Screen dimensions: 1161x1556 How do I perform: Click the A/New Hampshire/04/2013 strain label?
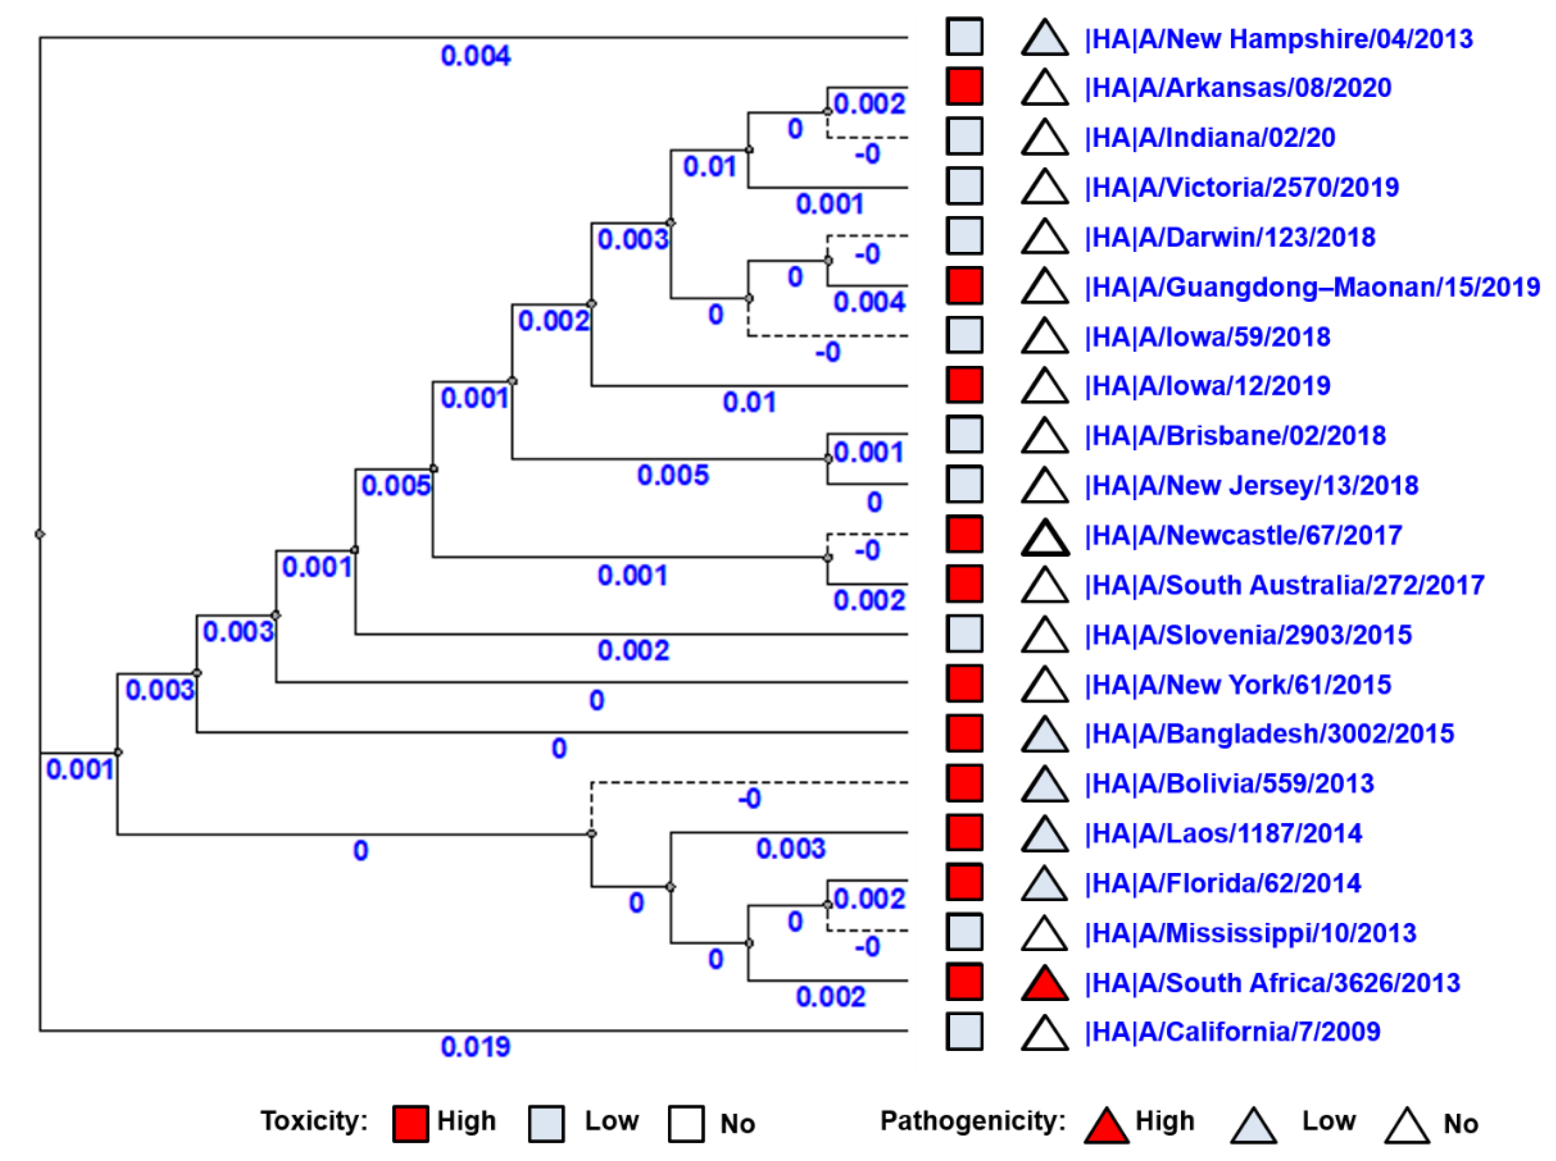pyautogui.click(x=1278, y=39)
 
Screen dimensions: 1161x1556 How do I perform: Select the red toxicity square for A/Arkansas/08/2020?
pyautogui.click(x=964, y=87)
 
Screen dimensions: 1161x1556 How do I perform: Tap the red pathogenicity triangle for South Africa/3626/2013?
pyautogui.click(x=1045, y=984)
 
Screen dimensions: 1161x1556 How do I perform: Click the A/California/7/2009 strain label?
pyautogui.click(x=1232, y=1032)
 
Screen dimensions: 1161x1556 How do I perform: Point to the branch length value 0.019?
pyautogui.click(x=476, y=1047)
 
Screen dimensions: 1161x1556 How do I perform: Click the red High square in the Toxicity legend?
pyautogui.click(x=410, y=1123)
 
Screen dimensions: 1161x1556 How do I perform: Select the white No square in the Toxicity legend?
pyautogui.click(x=686, y=1123)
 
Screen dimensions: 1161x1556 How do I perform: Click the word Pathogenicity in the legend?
pyautogui.click(x=973, y=1121)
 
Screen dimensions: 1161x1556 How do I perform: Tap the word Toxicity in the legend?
pyautogui.click(x=314, y=1121)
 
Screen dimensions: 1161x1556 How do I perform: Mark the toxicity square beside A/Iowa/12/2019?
pyautogui.click(x=964, y=385)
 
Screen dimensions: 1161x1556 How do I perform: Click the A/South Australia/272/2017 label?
pyautogui.click(x=1284, y=585)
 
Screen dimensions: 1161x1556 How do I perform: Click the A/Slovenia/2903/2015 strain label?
pyautogui.click(x=1247, y=634)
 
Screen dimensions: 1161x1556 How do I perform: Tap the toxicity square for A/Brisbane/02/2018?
pyautogui.click(x=964, y=435)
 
